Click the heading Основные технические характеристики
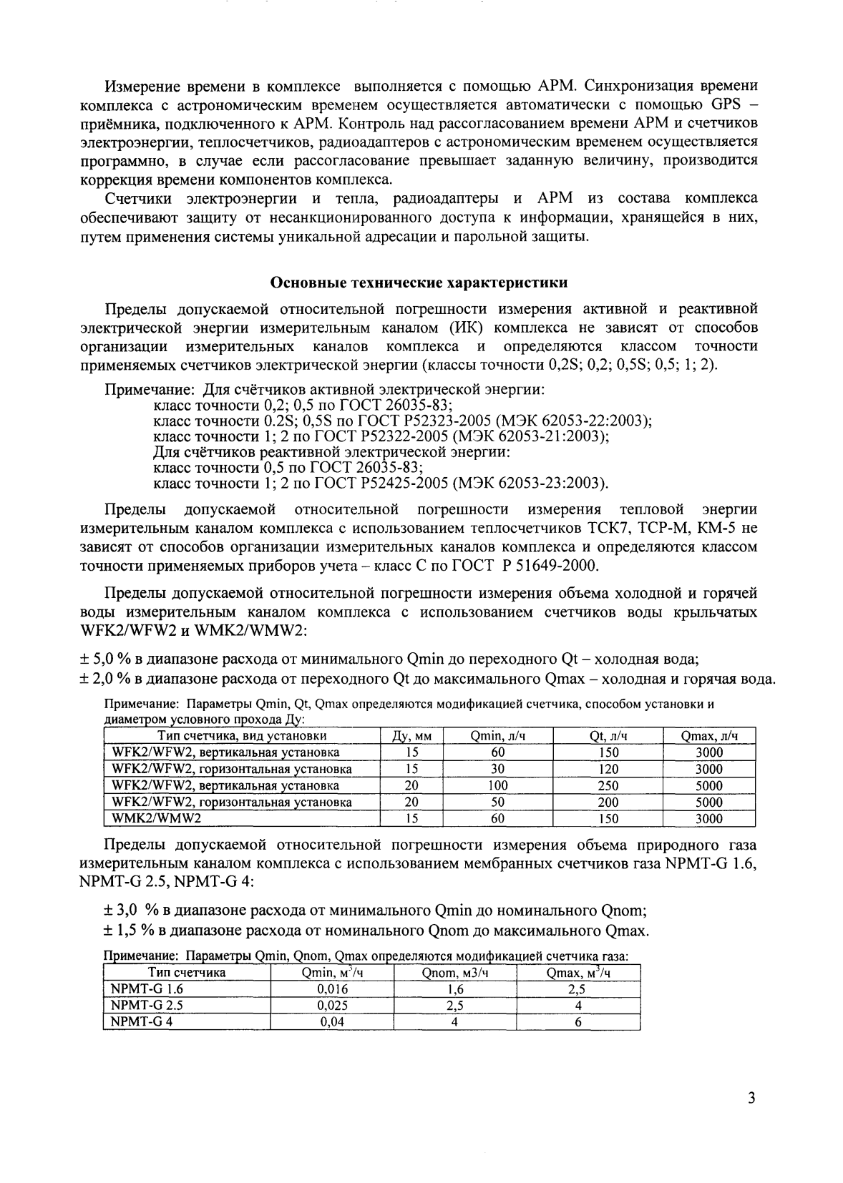point(419,283)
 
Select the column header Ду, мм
point(411,736)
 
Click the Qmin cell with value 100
point(498,785)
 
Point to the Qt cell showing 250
point(608,785)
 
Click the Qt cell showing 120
point(608,769)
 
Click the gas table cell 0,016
point(332,989)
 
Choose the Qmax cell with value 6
point(578,1021)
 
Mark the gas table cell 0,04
point(332,1021)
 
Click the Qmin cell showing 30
point(498,769)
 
